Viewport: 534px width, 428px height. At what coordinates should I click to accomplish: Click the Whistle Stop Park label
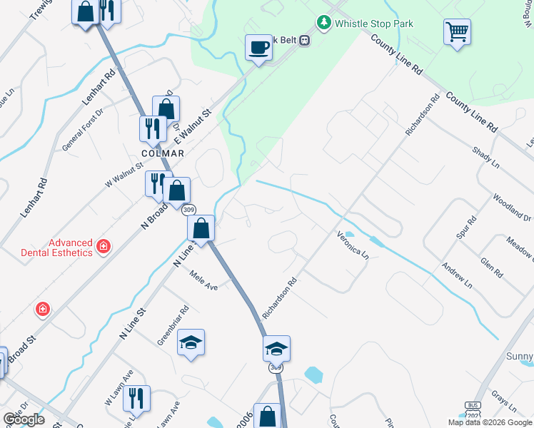(x=374, y=24)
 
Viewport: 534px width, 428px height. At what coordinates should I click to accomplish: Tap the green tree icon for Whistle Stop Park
(x=324, y=23)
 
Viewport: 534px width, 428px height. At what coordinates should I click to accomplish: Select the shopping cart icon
(x=457, y=32)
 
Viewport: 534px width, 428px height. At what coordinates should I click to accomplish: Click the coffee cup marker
(x=258, y=49)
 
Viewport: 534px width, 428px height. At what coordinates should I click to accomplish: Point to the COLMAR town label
(x=163, y=153)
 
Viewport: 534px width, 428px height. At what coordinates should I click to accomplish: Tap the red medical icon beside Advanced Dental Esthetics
(x=104, y=247)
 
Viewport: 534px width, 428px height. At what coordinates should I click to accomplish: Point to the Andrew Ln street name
(x=457, y=274)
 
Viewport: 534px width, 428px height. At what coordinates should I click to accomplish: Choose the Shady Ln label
(x=485, y=158)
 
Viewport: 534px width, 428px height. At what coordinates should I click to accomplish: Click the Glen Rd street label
(x=492, y=268)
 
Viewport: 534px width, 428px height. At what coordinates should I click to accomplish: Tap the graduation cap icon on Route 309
(x=276, y=348)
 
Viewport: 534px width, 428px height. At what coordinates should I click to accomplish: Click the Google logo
(x=24, y=419)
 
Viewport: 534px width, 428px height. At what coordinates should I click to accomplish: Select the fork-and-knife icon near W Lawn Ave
(x=137, y=398)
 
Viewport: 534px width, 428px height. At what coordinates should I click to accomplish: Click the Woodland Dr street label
(x=512, y=206)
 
